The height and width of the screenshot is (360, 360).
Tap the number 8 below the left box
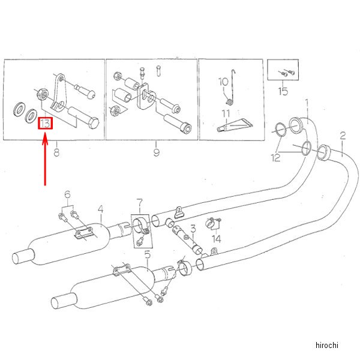point(56,153)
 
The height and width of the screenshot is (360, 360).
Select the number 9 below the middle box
point(156,153)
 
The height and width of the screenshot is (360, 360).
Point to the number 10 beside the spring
point(221,82)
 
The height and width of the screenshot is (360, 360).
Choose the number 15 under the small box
point(283,91)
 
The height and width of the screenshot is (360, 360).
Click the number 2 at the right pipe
point(343,136)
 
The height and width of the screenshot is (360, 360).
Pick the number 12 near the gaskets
point(275,158)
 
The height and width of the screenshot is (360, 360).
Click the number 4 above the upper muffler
point(101,209)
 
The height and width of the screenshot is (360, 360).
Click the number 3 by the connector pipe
point(193,228)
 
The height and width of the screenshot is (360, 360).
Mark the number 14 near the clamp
point(217,239)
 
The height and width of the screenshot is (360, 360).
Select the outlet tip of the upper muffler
point(20,257)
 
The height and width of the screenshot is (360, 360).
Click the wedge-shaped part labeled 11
point(237,125)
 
